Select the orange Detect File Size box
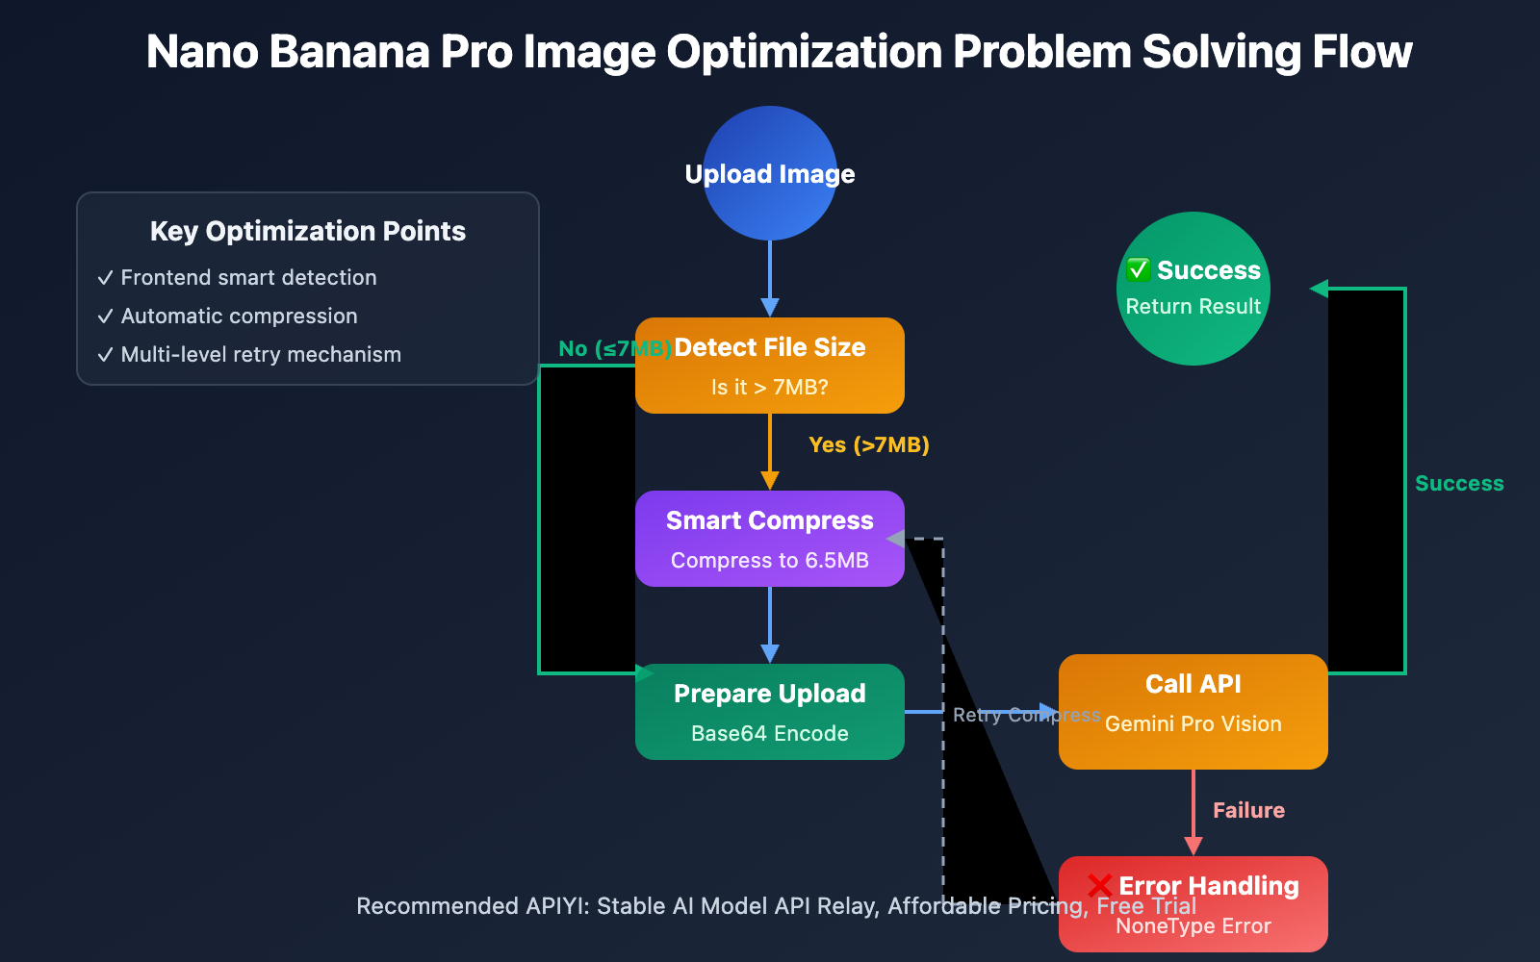pyautogui.click(x=770, y=366)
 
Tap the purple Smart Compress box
pyautogui.click(x=770, y=539)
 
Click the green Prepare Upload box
pyautogui.click(x=770, y=712)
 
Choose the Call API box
pyautogui.click(x=1193, y=712)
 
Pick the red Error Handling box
pyautogui.click(x=1193, y=904)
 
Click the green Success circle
pyautogui.click(x=1193, y=289)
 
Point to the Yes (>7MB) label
pyautogui.click(x=869, y=445)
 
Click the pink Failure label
pyautogui.click(x=1248, y=811)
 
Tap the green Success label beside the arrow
pyautogui.click(x=1459, y=484)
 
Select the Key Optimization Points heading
pyautogui.click(x=308, y=231)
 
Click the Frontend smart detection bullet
pyautogui.click(x=248, y=278)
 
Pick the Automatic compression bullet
pyautogui.click(x=239, y=316)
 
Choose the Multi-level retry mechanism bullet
pyautogui.click(x=261, y=355)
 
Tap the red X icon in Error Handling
pyautogui.click(x=1099, y=885)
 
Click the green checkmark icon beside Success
pyautogui.click(x=1139, y=270)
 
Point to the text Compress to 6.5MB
pyautogui.click(x=770, y=561)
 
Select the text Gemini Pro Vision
pyautogui.click(x=1193, y=724)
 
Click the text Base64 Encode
pyautogui.click(x=770, y=734)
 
